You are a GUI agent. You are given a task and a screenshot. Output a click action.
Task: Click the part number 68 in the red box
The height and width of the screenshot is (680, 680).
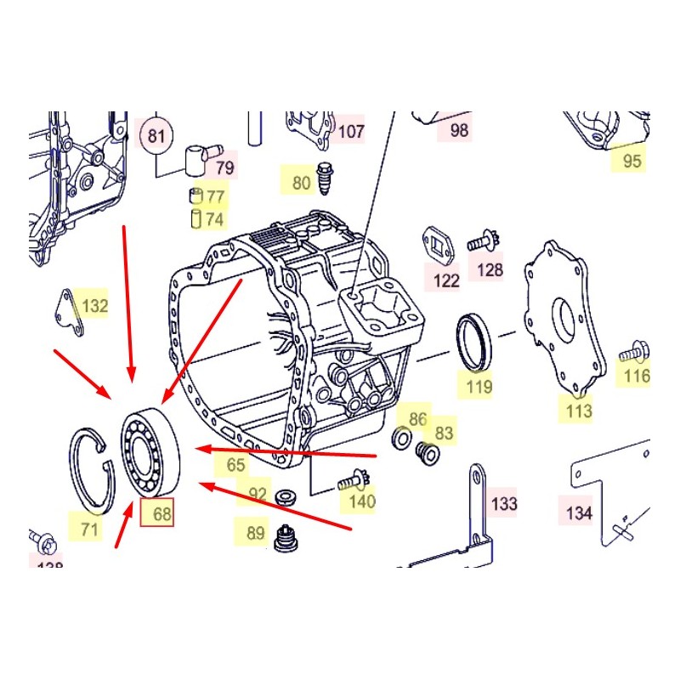tap(157, 514)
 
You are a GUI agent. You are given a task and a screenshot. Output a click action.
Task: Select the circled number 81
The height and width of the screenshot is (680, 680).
tap(156, 136)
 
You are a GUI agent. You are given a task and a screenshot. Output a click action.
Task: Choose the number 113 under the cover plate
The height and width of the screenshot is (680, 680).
tap(579, 412)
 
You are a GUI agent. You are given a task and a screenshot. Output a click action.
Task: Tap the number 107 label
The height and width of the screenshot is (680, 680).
tap(351, 132)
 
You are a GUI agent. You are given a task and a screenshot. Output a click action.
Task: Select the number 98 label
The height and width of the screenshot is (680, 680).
tap(459, 131)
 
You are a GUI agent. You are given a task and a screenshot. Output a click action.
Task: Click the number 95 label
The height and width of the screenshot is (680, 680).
tap(632, 161)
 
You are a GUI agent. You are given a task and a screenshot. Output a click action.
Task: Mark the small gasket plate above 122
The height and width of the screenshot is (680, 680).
tap(438, 246)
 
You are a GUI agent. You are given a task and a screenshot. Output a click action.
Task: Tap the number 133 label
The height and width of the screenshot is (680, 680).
tap(504, 503)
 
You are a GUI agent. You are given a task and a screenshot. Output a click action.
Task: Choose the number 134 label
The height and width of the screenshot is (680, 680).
tap(578, 513)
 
